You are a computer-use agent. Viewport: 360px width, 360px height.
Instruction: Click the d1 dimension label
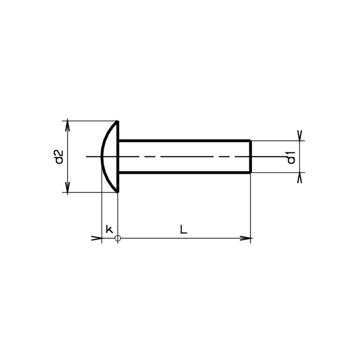click(x=291, y=157)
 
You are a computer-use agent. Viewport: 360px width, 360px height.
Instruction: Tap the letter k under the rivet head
click(x=109, y=229)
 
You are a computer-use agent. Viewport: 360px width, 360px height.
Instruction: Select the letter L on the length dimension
click(x=183, y=229)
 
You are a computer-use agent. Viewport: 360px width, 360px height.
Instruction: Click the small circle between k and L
click(x=118, y=238)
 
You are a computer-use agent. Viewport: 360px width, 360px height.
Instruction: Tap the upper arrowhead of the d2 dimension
click(x=68, y=125)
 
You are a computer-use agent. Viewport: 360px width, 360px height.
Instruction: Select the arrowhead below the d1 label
click(x=300, y=179)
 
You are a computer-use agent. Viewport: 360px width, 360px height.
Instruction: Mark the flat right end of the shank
click(x=250, y=157)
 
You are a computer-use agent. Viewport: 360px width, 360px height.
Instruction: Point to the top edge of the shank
click(x=184, y=141)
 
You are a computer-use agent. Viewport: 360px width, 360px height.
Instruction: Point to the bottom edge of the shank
click(x=184, y=172)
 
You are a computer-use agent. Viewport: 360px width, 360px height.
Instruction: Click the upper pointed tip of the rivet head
click(x=117, y=122)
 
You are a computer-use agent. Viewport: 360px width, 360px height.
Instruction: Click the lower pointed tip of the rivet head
click(x=117, y=191)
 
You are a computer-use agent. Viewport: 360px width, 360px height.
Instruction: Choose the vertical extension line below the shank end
click(x=251, y=205)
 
